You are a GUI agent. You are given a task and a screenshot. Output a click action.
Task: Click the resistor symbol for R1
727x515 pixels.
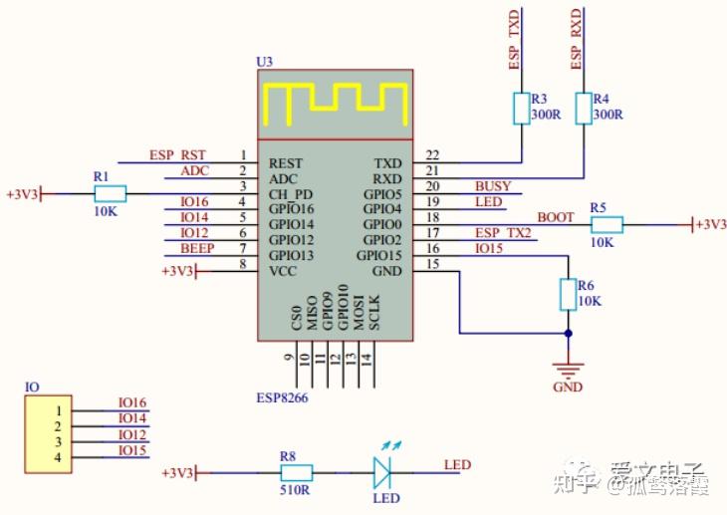point(110,193)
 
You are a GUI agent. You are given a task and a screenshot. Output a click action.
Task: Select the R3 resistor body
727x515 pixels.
point(521,109)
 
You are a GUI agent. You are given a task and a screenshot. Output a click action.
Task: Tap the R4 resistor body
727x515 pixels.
point(583,109)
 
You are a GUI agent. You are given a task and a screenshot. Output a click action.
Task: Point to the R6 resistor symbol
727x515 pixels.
point(569,295)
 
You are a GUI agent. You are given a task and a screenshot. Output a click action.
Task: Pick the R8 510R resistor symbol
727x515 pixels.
point(295,472)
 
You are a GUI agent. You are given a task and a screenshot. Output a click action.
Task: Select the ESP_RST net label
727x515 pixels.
point(177,155)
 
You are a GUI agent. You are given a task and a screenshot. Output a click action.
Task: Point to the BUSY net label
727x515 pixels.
point(493,186)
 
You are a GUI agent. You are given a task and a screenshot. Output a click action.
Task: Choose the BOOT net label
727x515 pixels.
point(555,216)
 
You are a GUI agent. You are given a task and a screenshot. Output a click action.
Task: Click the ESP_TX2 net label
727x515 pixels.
point(503,233)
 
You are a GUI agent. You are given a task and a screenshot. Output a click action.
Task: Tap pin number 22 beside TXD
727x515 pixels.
point(431,155)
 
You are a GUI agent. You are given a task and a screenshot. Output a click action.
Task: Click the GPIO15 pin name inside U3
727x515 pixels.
point(379,256)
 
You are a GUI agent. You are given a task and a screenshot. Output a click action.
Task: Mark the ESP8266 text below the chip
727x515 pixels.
point(285,397)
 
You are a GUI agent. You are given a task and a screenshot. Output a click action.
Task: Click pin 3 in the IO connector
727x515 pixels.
point(59,441)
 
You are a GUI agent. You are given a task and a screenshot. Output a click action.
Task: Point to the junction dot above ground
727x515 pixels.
point(569,334)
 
